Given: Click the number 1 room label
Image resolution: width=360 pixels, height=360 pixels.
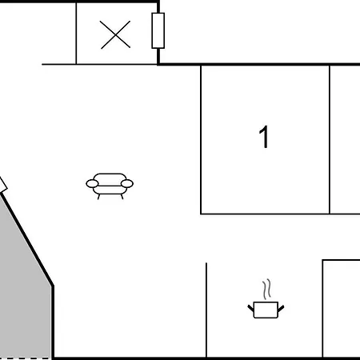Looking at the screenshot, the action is pos(264,137).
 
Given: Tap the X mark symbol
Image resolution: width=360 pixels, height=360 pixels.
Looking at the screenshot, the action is pos(115,34).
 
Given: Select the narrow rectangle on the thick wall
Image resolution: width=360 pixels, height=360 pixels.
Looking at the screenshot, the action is pos(158,30).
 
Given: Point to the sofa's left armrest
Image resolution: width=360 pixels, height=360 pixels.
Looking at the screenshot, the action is pos(92,183).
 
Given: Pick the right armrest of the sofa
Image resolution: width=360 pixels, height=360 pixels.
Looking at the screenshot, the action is pos(127,183).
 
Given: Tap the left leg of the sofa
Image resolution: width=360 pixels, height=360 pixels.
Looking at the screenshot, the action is pos(98,197).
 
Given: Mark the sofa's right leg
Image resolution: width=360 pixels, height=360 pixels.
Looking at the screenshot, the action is pos(122,197).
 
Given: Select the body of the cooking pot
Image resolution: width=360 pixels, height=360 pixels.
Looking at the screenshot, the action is pos(266,310).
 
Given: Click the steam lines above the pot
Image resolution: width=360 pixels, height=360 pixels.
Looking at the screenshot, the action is pos(266,290).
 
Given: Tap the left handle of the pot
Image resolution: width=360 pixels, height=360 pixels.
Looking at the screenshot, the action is pos(250,309).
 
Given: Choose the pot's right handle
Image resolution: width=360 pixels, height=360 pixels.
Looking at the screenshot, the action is pos(281,309).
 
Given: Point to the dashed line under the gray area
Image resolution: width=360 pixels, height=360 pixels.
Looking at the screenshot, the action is pos(26,358).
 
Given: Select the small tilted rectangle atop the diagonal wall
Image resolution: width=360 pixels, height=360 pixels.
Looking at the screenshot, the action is pos(2,185).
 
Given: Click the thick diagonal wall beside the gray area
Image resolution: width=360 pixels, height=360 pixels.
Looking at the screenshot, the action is pos(26,238).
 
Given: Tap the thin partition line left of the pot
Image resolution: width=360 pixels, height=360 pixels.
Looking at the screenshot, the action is pos(206,310).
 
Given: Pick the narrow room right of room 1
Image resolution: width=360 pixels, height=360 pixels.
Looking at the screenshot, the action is pos(345,139).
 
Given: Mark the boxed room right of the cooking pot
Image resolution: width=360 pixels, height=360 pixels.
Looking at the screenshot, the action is pos(342,309).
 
